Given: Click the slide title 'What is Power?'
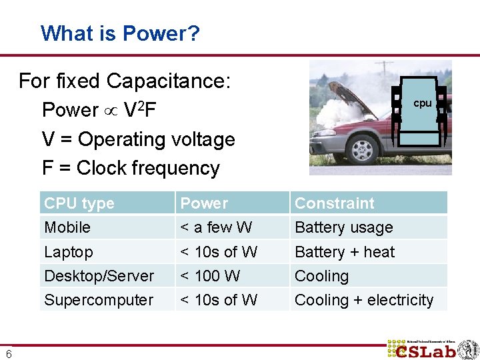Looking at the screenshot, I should coord(120,33).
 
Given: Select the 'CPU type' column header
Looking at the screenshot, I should coord(79,203).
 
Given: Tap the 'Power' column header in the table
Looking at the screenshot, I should coord(204,203).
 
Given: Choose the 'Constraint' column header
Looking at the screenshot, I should coord(334,203).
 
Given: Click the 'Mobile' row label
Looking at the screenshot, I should coord(67,227).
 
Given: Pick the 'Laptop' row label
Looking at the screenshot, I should coord(69,252).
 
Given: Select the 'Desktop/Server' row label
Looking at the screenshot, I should coord(99,276).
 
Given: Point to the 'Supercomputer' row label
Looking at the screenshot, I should coord(99,300).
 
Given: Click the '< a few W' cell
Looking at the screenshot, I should coord(217,227).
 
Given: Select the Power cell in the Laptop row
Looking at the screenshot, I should coord(219,252).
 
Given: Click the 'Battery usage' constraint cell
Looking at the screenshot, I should coord(343,227).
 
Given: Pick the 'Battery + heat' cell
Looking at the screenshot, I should coord(345,252).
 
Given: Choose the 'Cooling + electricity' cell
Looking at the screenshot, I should coord(364,300).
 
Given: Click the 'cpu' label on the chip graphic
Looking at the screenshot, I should coord(423,103).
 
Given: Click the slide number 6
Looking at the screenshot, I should coord(8,353).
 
